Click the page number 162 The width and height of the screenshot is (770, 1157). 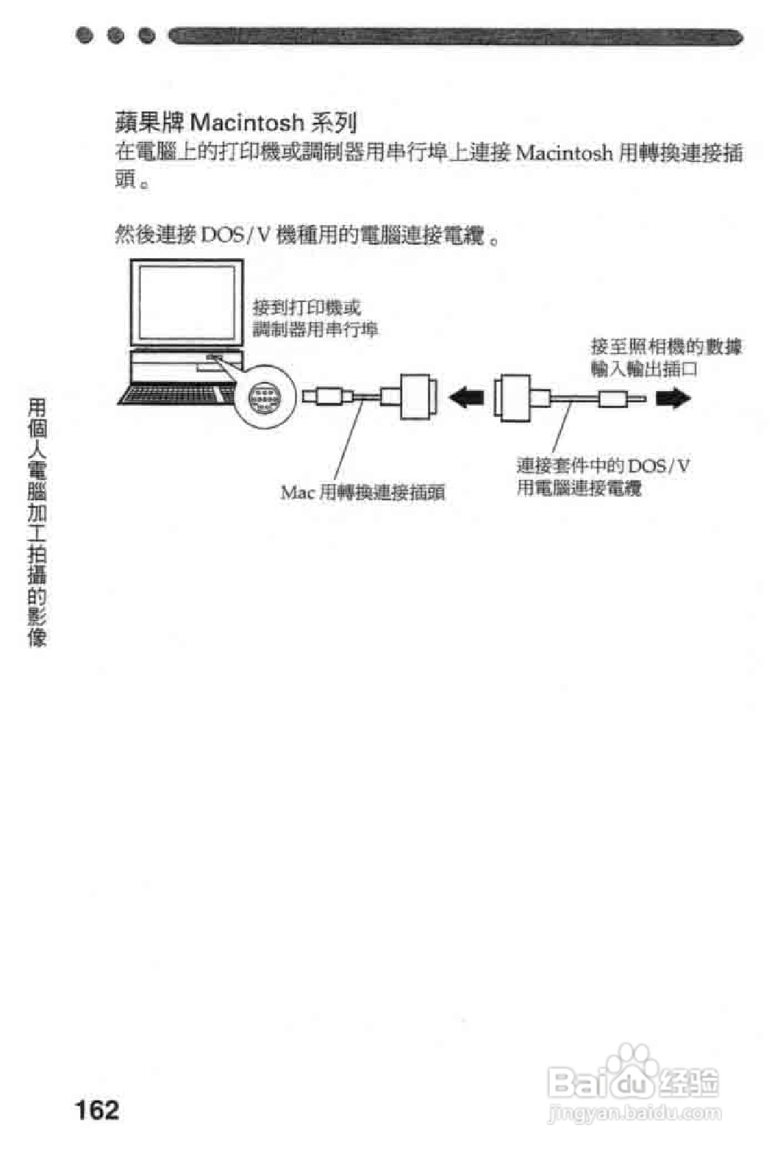click(97, 1109)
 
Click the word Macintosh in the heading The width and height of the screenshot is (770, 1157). click(246, 123)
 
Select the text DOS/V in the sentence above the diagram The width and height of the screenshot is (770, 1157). click(233, 235)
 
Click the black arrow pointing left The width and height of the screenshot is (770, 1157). click(467, 398)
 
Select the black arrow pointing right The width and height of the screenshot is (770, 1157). click(673, 398)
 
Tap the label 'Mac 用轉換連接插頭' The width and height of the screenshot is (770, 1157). click(362, 492)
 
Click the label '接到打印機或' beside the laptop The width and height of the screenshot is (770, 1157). click(306, 307)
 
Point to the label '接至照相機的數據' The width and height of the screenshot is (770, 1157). click(666, 346)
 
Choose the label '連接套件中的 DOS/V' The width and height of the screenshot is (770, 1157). click(603, 465)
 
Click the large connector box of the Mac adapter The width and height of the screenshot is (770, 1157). click(419, 397)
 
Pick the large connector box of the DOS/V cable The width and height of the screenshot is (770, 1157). click(513, 397)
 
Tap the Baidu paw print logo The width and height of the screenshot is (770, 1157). click(631, 1065)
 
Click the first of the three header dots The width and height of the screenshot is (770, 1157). click(85, 35)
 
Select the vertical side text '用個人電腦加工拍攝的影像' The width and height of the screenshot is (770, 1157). click(37, 522)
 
